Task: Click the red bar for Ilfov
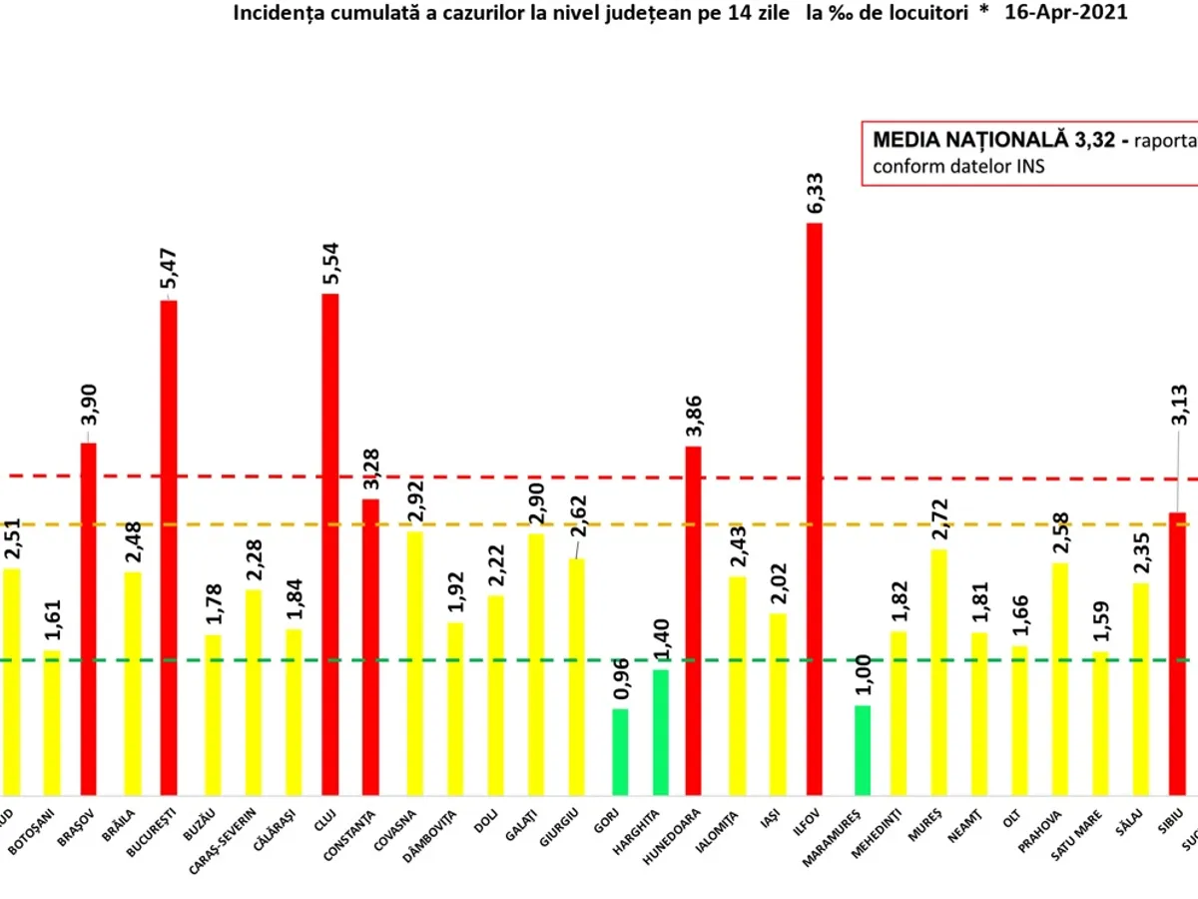point(815,509)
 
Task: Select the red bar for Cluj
point(330,544)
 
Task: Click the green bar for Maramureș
point(863,749)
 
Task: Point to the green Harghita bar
point(661,731)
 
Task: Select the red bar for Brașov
point(89,619)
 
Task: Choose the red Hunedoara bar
point(693,620)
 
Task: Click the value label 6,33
point(817,192)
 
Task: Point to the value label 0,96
point(621,678)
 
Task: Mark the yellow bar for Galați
point(536,664)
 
